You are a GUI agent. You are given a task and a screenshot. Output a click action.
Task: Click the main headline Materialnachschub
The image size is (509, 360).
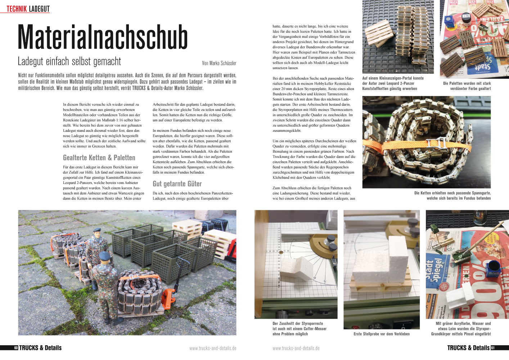pyautogui.click(x=103, y=37)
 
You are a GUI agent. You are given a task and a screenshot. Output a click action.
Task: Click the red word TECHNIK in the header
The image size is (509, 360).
pyautogui.click(x=17, y=9)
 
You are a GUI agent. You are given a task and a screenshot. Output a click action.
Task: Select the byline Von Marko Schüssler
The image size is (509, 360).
pyautogui.click(x=219, y=63)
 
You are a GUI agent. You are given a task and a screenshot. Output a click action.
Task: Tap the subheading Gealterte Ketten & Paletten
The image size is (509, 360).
pyautogui.click(x=99, y=158)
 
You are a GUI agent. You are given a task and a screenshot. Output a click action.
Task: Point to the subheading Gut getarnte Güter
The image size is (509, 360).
pyautogui.click(x=177, y=184)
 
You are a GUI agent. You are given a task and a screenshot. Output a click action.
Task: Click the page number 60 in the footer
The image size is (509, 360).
pyautogui.click(x=16, y=348)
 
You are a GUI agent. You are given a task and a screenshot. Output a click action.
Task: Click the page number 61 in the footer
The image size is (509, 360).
pyautogui.click(x=493, y=348)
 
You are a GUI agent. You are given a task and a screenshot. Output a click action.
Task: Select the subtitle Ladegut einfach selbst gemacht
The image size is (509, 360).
pyautogui.click(x=69, y=62)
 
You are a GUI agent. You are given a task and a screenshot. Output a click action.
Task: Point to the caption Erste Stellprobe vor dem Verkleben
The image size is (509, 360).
pyautogui.click(x=382, y=334)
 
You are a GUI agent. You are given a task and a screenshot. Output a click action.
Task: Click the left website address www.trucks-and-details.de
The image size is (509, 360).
pyautogui.click(x=213, y=348)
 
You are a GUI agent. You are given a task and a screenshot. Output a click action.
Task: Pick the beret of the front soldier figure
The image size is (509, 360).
pyautogui.click(x=104, y=256)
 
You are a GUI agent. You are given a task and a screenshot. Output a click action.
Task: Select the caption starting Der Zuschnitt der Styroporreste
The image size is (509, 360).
pyautogui.click(x=299, y=329)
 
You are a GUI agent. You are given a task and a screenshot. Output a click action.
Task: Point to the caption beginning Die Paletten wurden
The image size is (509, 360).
pyautogui.click(x=467, y=86)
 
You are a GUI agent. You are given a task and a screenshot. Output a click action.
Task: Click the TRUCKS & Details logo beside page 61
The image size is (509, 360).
pyautogui.click(x=468, y=348)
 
